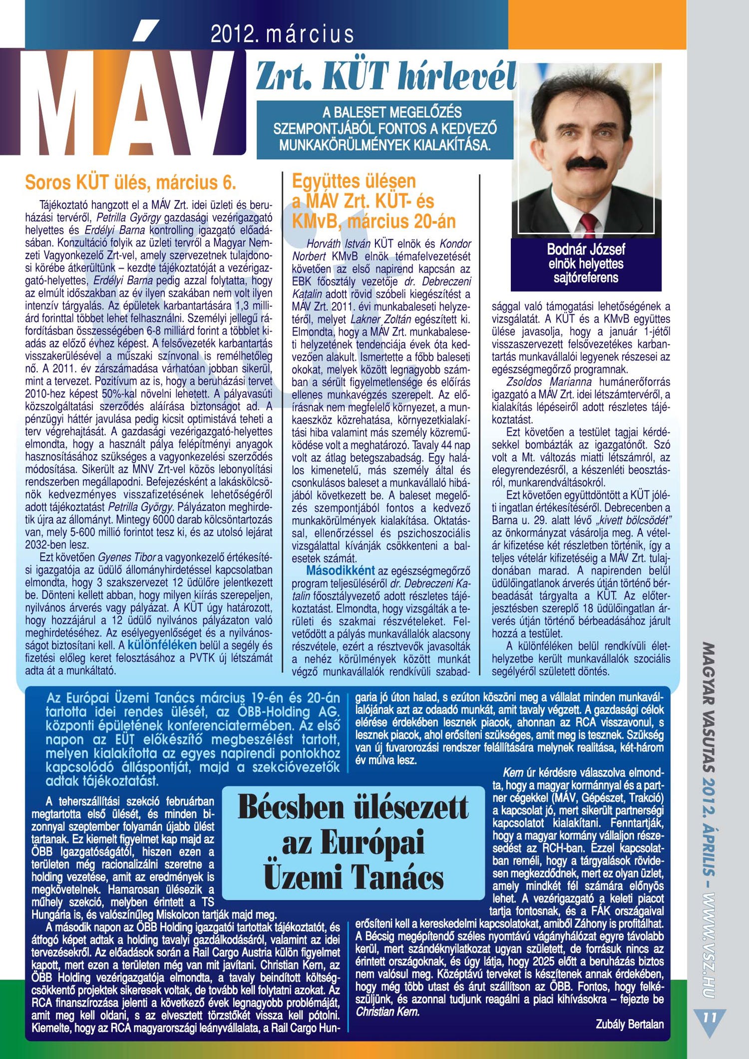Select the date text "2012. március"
point(282,34)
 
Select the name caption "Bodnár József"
point(586,249)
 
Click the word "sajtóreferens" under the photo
point(586,278)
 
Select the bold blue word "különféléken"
point(162,645)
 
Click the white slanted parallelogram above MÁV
point(146,30)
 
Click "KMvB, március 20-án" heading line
point(374,221)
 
